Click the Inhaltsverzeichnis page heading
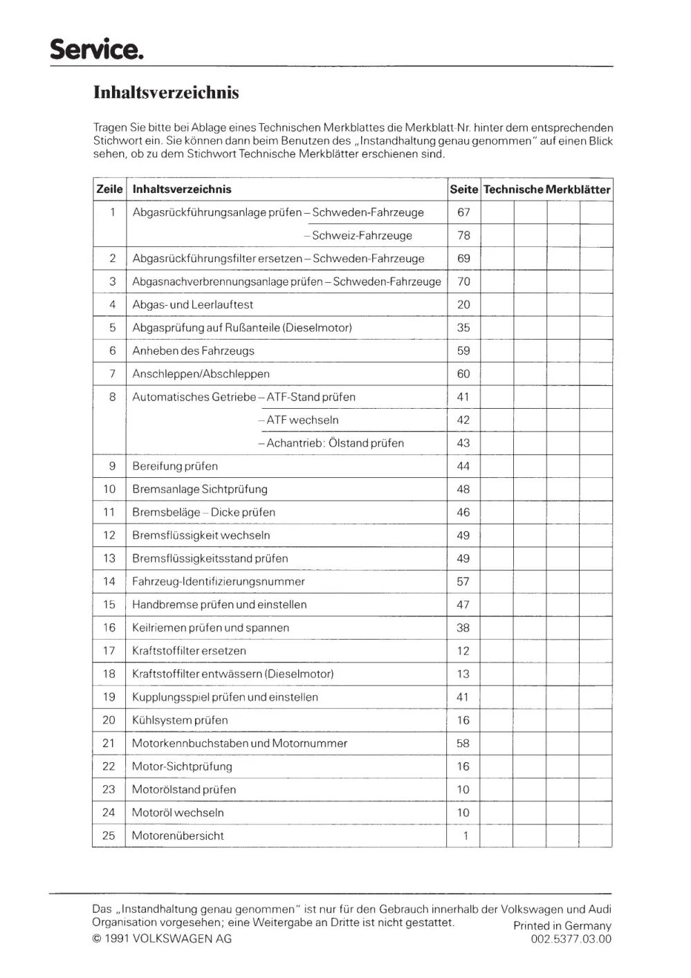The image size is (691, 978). pyautogui.click(x=166, y=93)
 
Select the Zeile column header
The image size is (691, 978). pyautogui.click(x=109, y=190)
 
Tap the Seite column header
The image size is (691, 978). pyautogui.click(x=463, y=190)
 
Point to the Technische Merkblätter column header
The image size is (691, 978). pyautogui.click(x=546, y=190)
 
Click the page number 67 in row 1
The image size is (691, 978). pyautogui.click(x=463, y=212)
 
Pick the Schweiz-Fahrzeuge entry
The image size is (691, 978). pyautogui.click(x=358, y=235)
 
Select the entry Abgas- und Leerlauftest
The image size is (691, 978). pyautogui.click(x=193, y=304)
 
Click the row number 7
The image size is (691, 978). pyautogui.click(x=112, y=373)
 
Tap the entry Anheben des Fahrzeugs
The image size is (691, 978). pyautogui.click(x=194, y=351)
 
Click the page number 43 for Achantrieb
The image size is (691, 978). pyautogui.click(x=463, y=443)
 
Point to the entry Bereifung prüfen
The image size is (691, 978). pyautogui.click(x=175, y=466)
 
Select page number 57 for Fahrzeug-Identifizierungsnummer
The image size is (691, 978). pyautogui.click(x=463, y=582)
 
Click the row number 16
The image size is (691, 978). pyautogui.click(x=109, y=627)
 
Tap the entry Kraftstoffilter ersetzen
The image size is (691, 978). pyautogui.click(x=189, y=651)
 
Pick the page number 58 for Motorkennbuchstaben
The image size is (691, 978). pyautogui.click(x=463, y=744)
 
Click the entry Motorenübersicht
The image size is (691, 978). pyautogui.click(x=178, y=836)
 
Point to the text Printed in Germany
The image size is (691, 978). pyautogui.click(x=562, y=925)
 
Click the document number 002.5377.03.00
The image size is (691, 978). pyautogui.click(x=571, y=939)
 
